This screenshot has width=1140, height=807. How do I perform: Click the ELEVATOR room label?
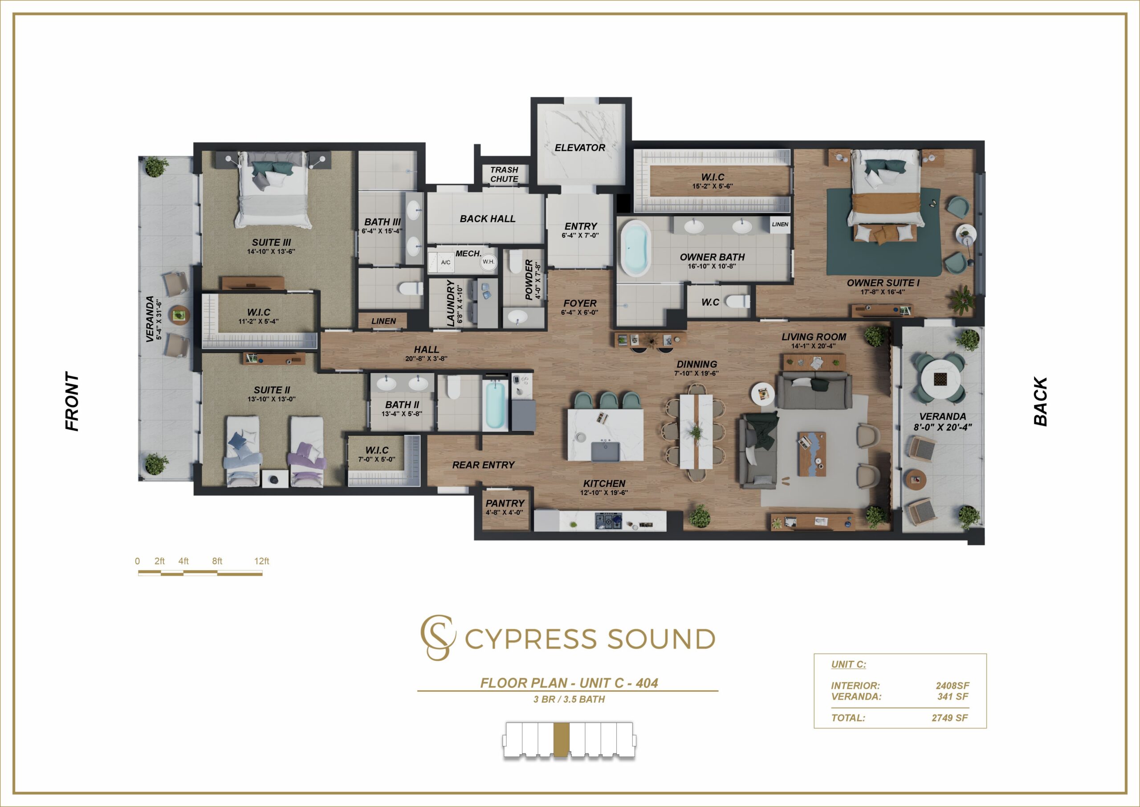coord(579,147)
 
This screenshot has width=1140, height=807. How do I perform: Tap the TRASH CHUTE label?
coord(504,174)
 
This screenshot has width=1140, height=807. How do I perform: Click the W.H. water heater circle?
coord(489,262)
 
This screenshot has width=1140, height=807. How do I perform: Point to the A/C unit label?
coord(446,262)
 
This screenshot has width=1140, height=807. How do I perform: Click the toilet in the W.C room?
coord(737,301)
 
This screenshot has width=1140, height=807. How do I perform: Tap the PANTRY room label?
coord(505,504)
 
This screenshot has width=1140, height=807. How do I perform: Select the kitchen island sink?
coord(605,451)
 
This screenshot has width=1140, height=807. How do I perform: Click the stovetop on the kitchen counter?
coord(608,521)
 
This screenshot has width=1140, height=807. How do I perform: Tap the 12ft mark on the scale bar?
coord(262,561)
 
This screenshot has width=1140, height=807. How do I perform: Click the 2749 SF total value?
coord(949,718)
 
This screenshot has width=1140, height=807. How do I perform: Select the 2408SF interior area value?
coord(953,686)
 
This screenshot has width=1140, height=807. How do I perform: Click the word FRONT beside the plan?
coord(73,401)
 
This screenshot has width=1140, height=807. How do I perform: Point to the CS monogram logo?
coord(437,638)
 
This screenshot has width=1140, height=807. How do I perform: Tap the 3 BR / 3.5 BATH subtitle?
coord(569,700)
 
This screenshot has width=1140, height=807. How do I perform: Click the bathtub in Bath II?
coord(496,404)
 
